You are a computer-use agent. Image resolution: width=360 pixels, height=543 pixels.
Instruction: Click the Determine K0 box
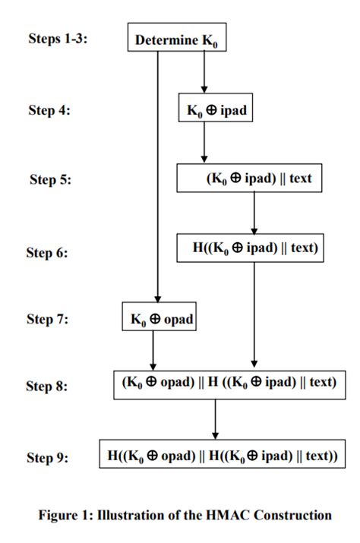click(176, 38)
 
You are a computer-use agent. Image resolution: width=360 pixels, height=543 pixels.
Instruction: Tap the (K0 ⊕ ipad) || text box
click(253, 179)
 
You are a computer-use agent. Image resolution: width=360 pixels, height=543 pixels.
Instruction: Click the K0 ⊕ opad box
click(158, 317)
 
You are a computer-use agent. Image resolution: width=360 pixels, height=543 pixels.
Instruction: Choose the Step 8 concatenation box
click(227, 384)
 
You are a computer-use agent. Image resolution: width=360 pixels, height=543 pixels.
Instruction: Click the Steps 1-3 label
click(58, 38)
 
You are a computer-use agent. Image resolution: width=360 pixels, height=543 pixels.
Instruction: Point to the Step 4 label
click(49, 109)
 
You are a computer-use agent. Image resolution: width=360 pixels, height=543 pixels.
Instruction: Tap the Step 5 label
click(49, 180)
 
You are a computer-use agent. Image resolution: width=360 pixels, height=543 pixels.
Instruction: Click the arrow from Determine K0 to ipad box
click(204, 72)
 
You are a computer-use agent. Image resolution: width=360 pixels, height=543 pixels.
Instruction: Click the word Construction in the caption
click(293, 516)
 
